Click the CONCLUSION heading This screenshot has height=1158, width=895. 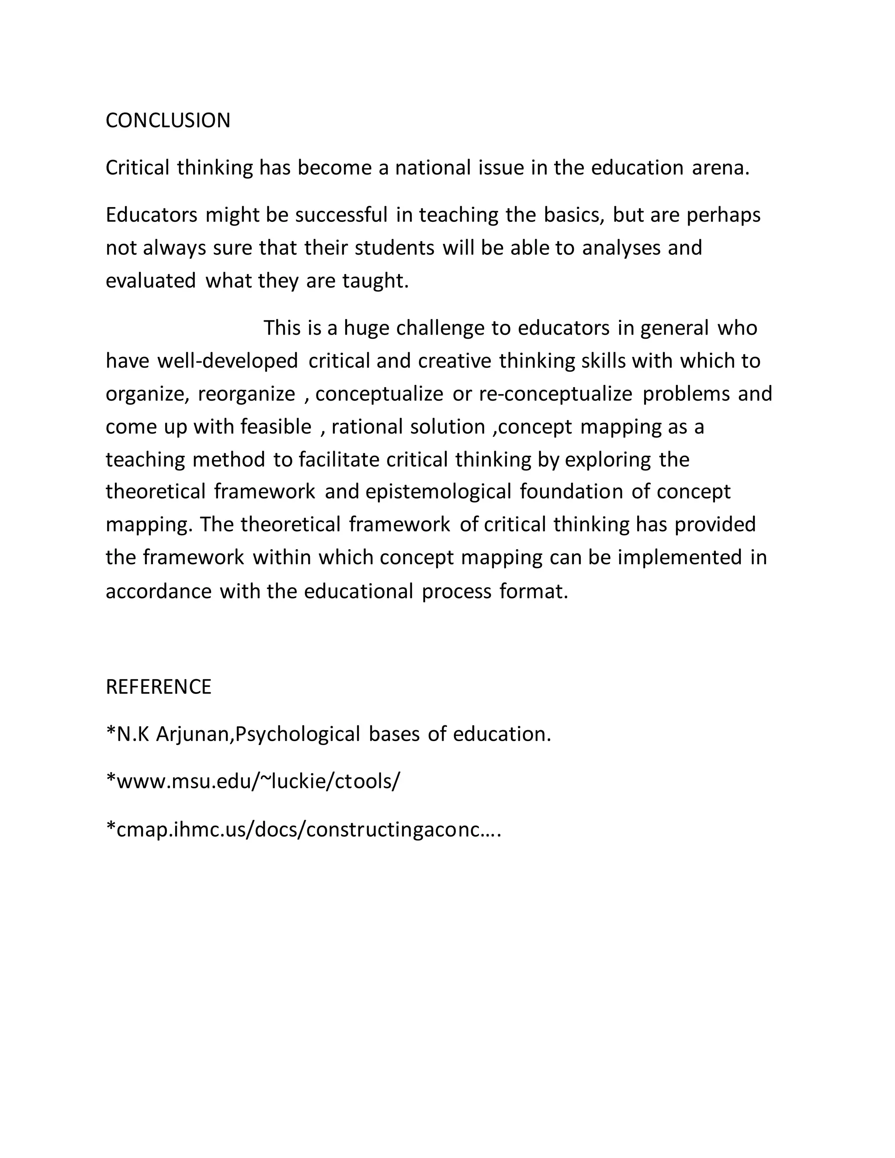point(167,121)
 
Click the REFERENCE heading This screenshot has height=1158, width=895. point(158,686)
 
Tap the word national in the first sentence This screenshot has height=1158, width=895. point(433,168)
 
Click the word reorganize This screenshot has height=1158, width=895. point(246,394)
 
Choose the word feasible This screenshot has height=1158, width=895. point(276,427)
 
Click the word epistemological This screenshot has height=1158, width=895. point(438,492)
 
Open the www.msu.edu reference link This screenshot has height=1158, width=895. point(253,782)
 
